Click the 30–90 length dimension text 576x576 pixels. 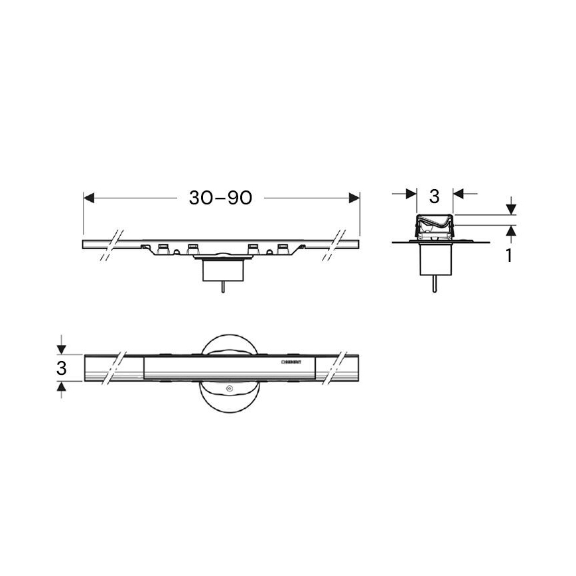pyautogui.click(x=221, y=198)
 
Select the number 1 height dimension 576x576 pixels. pyautogui.click(x=509, y=255)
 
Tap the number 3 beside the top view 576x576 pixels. pyautogui.click(x=61, y=368)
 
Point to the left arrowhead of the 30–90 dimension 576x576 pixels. pyautogui.click(x=90, y=198)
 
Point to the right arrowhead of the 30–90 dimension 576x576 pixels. pyautogui.click(x=353, y=198)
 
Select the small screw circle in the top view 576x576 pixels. pyautogui.click(x=230, y=389)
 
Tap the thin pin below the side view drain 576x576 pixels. pyautogui.click(x=434, y=284)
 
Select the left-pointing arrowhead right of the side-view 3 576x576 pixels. pyautogui.click(x=459, y=193)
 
